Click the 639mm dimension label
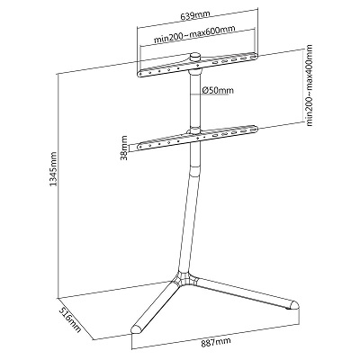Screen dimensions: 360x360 pyautogui.click(x=195, y=14)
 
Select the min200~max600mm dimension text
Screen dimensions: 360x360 pyautogui.click(x=194, y=35)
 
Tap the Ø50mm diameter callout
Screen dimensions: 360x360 pyautogui.click(x=218, y=90)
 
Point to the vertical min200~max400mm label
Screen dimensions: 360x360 pyautogui.click(x=309, y=85)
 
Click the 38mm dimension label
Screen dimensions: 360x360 pyautogui.click(x=124, y=148)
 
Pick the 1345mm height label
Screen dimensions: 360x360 pyautogui.click(x=53, y=168)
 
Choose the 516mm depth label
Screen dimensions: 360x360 pyautogui.click(x=69, y=319)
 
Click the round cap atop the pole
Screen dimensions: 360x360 pyautogui.click(x=195, y=56)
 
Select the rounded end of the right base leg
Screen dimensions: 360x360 pyautogui.click(x=293, y=305)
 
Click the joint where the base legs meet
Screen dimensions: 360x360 pyautogui.click(x=184, y=279)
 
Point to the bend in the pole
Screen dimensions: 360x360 pyautogui.click(x=194, y=170)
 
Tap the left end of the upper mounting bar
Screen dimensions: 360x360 pyautogui.click(x=139, y=74)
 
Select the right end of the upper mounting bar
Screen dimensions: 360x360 pyautogui.click(x=255, y=56)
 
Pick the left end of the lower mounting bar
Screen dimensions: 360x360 pyautogui.click(x=139, y=147)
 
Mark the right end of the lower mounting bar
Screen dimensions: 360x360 pyautogui.click(x=255, y=130)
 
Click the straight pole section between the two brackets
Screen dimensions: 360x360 pyautogui.click(x=195, y=101)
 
